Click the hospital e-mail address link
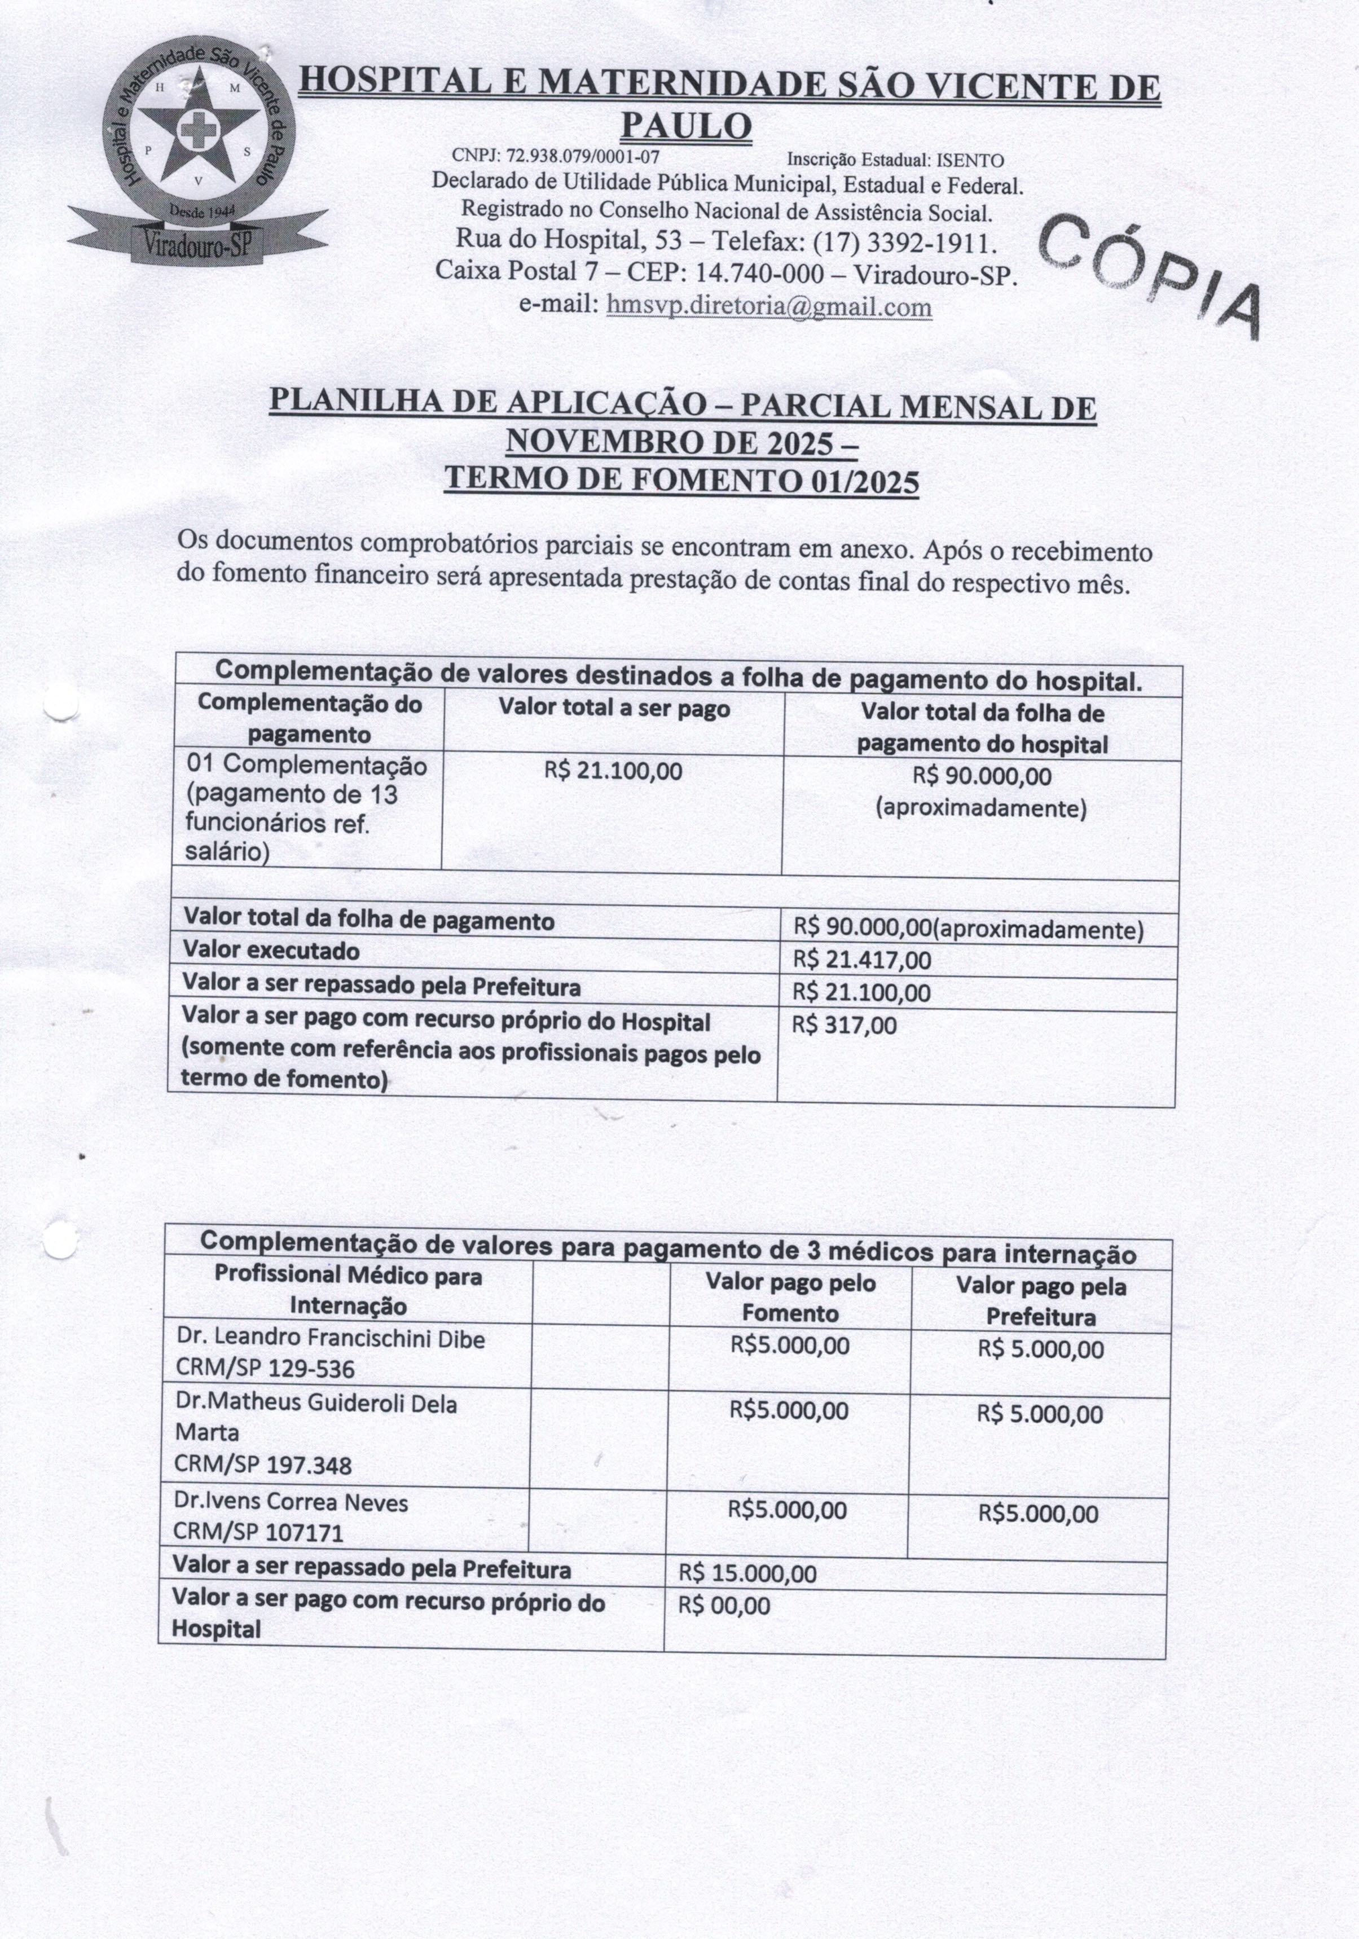point(768,306)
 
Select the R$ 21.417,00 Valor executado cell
point(861,960)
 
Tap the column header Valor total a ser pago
point(614,709)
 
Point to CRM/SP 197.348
point(263,1465)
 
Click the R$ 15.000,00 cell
point(747,1573)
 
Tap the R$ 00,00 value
point(724,1606)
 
